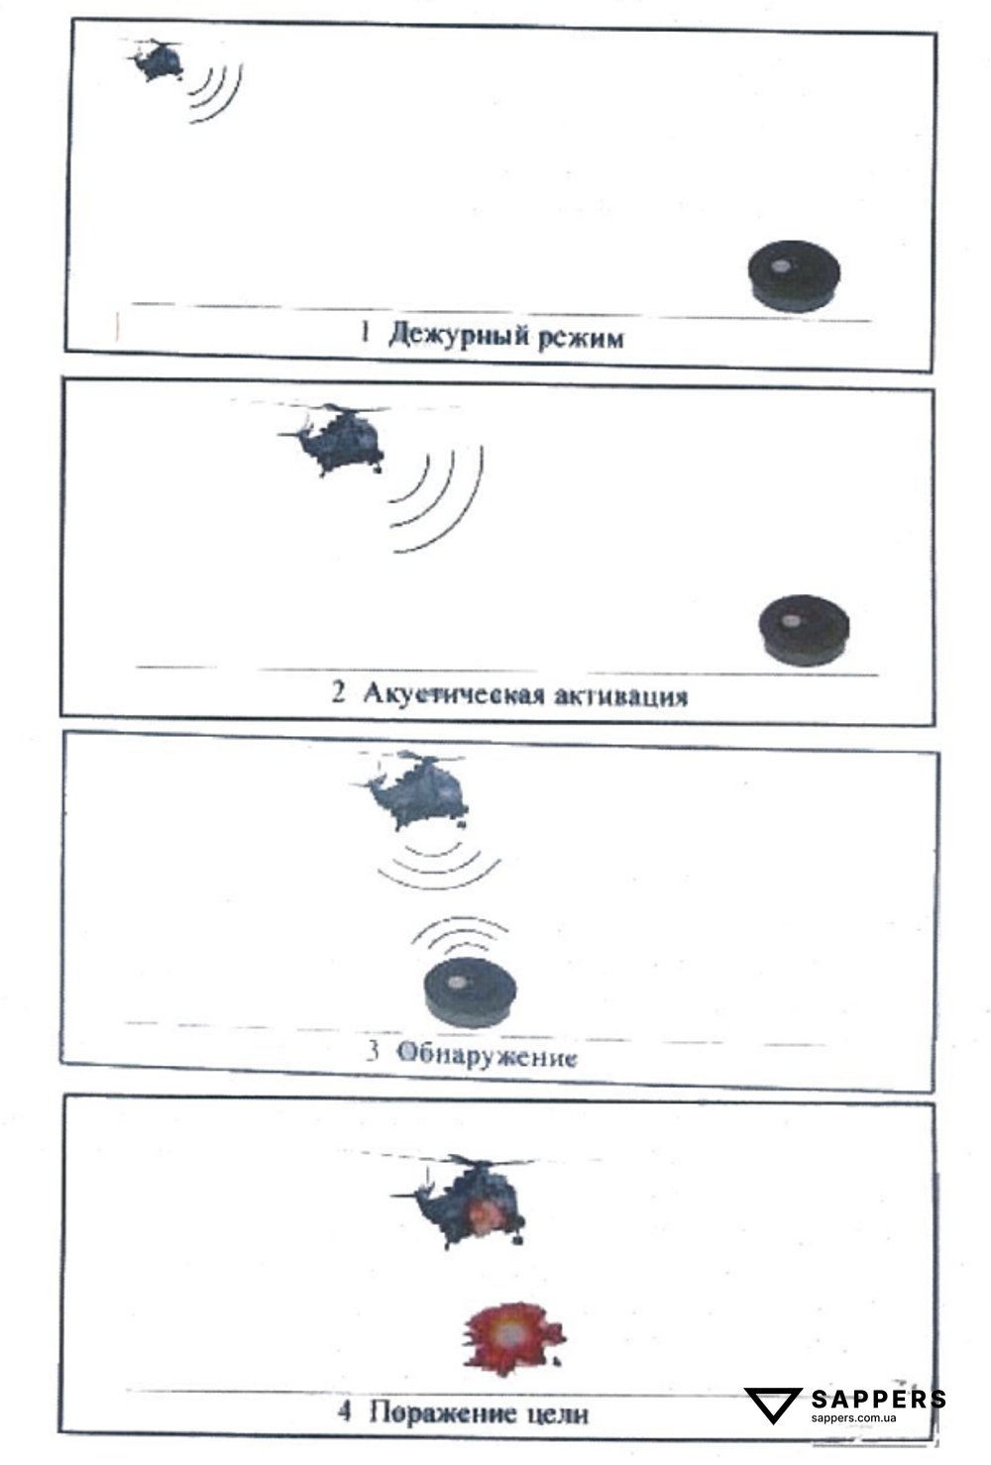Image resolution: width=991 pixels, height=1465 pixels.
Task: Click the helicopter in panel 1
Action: pos(157,61)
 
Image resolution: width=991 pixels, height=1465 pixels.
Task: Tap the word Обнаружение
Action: pos(487,1056)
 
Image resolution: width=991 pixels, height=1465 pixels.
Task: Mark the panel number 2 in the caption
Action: pos(339,693)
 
